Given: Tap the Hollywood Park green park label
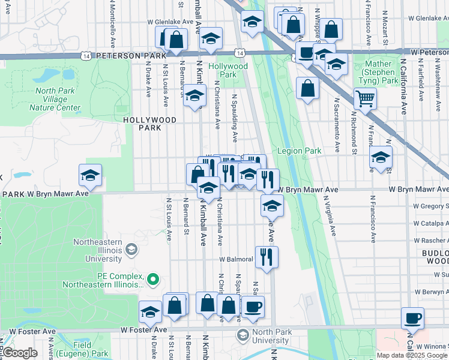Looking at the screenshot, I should pos(228,70).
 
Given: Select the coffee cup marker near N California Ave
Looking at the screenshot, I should pos(412,317).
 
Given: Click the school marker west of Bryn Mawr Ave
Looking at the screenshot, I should pos(90,175).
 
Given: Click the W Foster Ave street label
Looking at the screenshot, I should pos(143,330).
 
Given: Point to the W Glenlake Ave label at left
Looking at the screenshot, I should pos(170,22).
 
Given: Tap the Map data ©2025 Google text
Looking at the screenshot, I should pos(412,355).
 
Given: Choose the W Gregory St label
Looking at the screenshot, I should pos(431,206).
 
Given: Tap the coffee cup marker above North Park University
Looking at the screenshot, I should pos(252,306).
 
